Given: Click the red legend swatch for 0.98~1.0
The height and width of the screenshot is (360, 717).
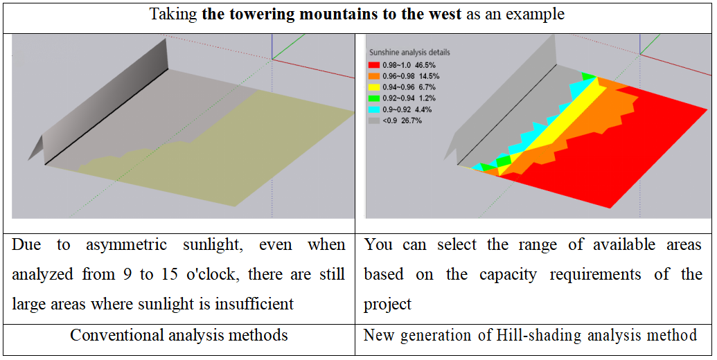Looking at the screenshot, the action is pos(375,65).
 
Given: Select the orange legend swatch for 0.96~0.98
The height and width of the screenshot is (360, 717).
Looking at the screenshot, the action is pos(375,76).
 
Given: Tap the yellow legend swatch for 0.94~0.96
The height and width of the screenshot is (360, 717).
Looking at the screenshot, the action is pos(375,87).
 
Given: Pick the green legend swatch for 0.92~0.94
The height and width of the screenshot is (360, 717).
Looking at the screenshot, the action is pos(375,98).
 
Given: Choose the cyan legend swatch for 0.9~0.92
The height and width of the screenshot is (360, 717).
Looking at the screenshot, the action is pos(375,109).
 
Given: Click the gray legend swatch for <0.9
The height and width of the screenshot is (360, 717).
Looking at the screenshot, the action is pos(375,120).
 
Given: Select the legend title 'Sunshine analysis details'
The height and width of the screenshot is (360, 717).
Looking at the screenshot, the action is pos(409,53).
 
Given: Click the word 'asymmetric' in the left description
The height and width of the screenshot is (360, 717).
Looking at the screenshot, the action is pos(126,246).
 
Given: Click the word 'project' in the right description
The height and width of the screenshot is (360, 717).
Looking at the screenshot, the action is pos(387,305).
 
